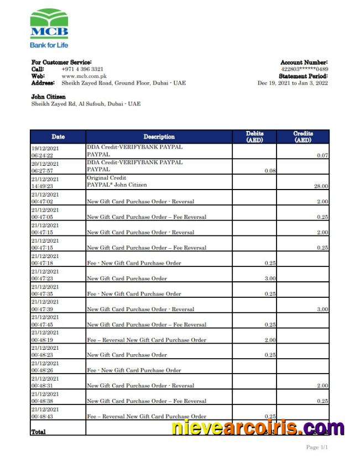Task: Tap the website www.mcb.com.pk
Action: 85,76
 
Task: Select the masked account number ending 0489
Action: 304,69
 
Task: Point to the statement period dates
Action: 293,83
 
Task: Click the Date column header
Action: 58,136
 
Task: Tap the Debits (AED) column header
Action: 254,136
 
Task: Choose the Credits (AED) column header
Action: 302,136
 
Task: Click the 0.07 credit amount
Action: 322,156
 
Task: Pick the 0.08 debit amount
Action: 270,171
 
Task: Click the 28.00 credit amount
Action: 321,186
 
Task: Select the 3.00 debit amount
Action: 270,279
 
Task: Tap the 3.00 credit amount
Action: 322,309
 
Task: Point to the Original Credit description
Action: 106,178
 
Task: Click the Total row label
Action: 39,432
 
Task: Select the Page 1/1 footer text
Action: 317,447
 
